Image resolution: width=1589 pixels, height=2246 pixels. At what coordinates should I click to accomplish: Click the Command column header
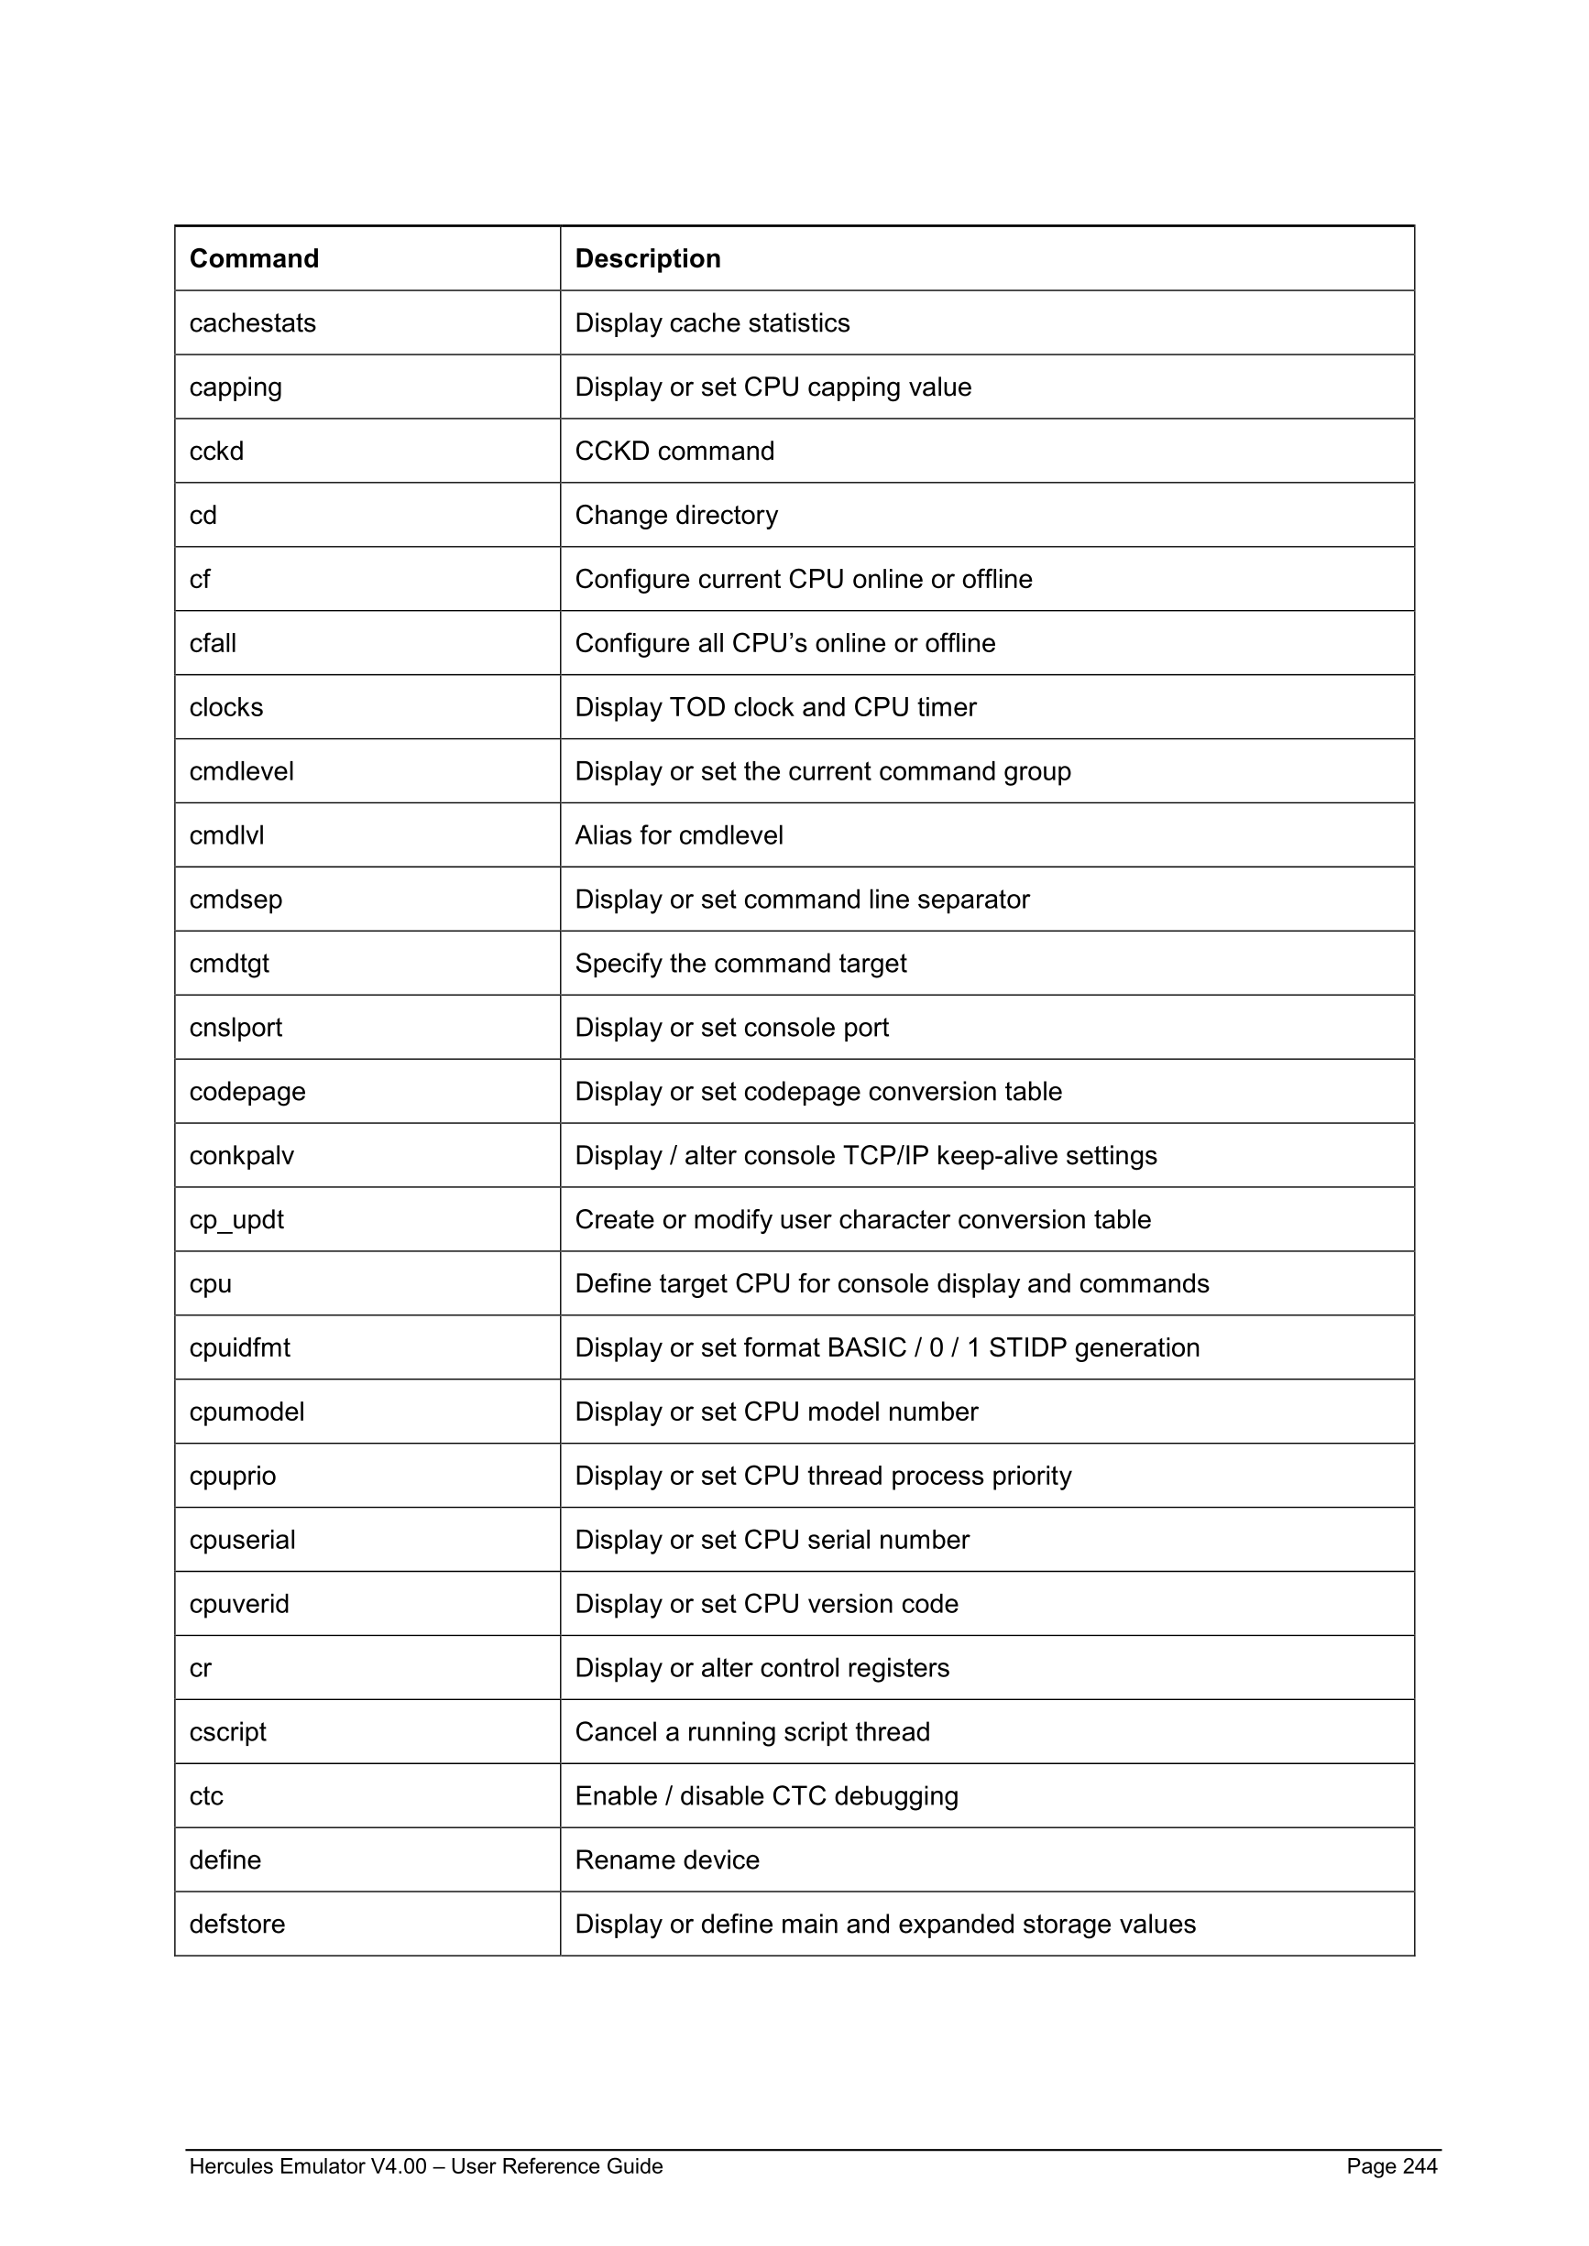[x=254, y=258]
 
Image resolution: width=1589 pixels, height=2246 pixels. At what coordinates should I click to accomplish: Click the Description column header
[x=647, y=258]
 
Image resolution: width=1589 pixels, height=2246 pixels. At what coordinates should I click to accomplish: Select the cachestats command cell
[x=252, y=322]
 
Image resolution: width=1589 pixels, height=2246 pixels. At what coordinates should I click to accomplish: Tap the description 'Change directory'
[x=676, y=515]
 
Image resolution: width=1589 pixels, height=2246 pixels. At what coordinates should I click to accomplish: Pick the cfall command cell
[x=213, y=643]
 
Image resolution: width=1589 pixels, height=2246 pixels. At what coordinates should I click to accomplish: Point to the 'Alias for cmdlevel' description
[x=678, y=834]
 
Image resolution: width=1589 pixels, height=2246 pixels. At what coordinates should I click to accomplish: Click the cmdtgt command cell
[x=229, y=963]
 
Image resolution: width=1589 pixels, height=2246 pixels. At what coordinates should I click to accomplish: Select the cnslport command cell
[x=235, y=1027]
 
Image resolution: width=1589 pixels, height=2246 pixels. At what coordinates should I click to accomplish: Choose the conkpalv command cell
[x=241, y=1155]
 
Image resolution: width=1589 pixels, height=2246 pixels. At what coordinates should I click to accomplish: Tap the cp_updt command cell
[x=236, y=1219]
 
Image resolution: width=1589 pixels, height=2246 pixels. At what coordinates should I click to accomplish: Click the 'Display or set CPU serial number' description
[x=771, y=1539]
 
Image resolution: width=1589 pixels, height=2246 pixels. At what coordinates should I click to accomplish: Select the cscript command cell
[x=227, y=1731]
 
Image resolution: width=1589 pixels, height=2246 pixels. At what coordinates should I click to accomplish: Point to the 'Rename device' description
[x=666, y=1859]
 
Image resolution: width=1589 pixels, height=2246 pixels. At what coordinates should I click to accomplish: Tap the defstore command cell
[x=236, y=1924]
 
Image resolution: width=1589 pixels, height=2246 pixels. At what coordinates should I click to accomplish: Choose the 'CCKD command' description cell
[x=674, y=451]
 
